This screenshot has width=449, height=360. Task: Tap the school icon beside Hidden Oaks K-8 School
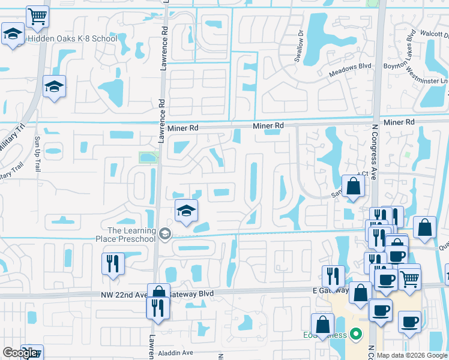[x=12, y=35]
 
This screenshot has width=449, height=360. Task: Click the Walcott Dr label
[x=435, y=34]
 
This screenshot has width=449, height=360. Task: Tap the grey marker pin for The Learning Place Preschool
[x=166, y=234]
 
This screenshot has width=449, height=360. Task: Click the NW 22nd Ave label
[x=124, y=295]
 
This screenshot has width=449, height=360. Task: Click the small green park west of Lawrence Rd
[x=146, y=158]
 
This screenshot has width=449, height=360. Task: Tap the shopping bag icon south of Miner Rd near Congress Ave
[x=354, y=187]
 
